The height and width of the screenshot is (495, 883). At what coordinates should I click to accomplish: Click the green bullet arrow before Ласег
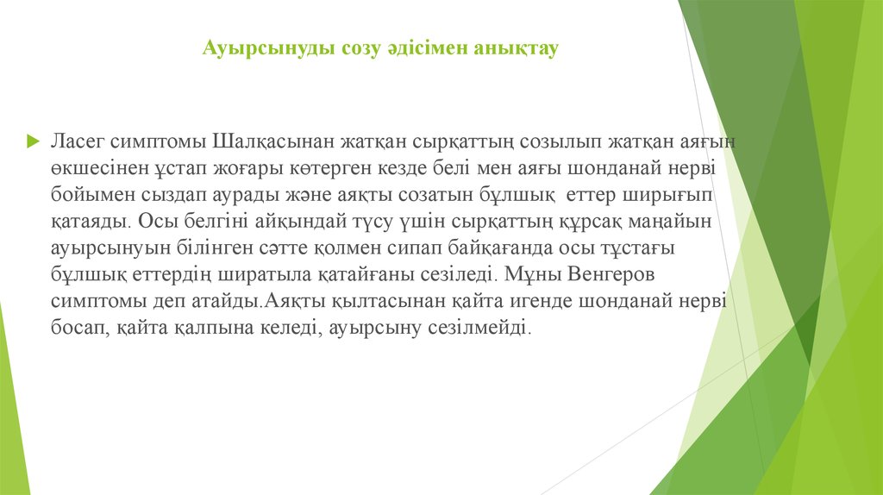(32, 140)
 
